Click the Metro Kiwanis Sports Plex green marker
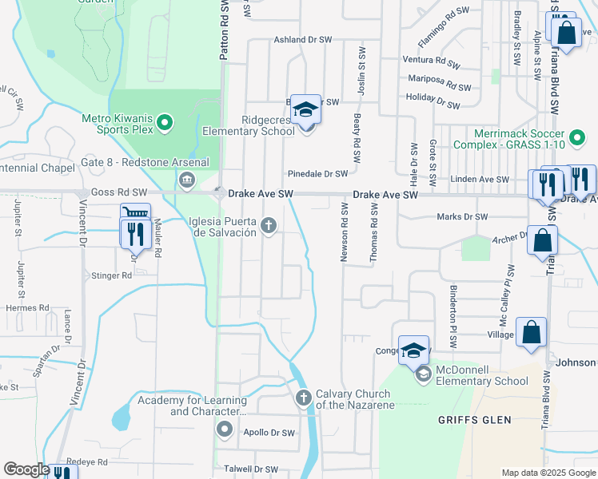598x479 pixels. pos(165,122)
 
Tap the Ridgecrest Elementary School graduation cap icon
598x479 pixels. pos(305,109)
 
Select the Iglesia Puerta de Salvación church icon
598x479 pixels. pos(269,226)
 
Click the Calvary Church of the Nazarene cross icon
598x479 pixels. pos(303,398)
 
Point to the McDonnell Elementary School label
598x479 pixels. pos(482,381)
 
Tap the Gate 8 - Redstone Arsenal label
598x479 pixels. pos(145,163)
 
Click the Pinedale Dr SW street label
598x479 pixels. pos(318,174)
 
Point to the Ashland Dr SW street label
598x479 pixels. pos(302,39)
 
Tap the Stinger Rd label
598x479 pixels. pos(113,275)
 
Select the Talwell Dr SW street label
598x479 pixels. pos(250,469)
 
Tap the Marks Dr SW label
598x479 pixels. pos(462,216)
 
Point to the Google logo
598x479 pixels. pos(26,469)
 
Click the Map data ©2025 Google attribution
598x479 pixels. pos(548,473)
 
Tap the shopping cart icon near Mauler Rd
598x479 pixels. pos(135,214)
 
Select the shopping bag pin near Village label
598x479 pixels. pos(532,332)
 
